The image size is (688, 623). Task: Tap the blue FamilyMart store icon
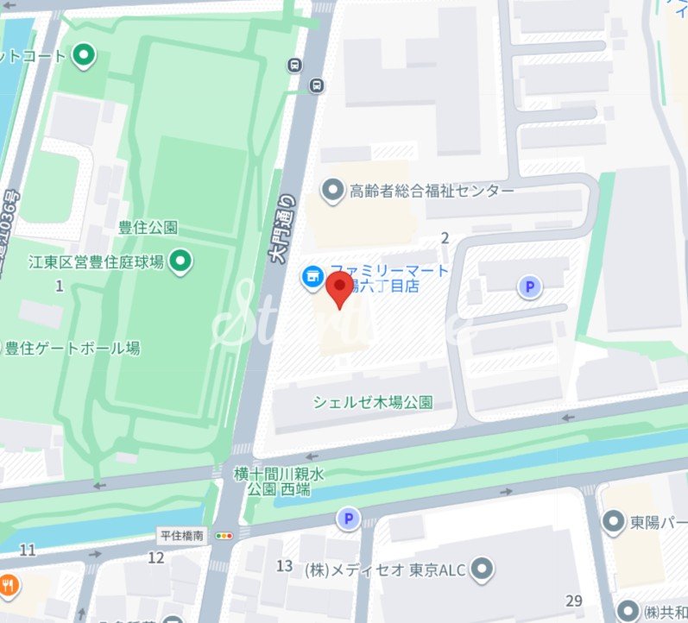(310, 278)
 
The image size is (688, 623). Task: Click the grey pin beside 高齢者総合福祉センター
(331, 189)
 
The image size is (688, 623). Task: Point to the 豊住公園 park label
(148, 229)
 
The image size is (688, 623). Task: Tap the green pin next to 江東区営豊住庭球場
(180, 260)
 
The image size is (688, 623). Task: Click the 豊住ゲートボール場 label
(73, 349)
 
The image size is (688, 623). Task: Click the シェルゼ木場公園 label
(372, 402)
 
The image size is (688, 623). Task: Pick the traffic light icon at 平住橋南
(225, 536)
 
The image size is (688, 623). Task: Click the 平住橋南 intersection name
(181, 536)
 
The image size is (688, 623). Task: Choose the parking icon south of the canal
(349, 519)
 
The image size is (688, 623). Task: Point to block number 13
(285, 566)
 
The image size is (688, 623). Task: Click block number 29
(574, 601)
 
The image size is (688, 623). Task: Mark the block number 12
(155, 557)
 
